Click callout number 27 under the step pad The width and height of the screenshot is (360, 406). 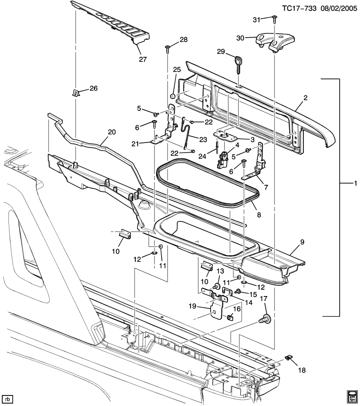[x=143, y=59]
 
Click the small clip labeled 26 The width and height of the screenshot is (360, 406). [x=75, y=93]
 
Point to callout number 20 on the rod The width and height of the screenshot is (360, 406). [x=111, y=132]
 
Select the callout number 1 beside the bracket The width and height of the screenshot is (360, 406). [x=355, y=184]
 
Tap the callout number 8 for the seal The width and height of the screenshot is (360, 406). [x=258, y=215]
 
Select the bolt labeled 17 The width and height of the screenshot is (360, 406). [x=267, y=318]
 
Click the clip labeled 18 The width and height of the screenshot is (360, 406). [x=289, y=358]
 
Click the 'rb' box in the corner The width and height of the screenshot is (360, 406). [x=7, y=398]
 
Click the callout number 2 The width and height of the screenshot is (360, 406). [x=305, y=98]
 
